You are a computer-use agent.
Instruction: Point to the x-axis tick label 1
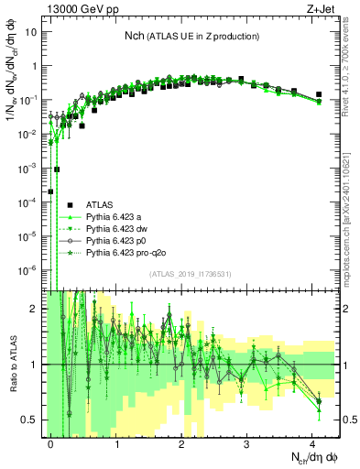click(116, 442)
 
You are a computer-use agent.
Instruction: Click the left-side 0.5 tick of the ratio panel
click(32, 420)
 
